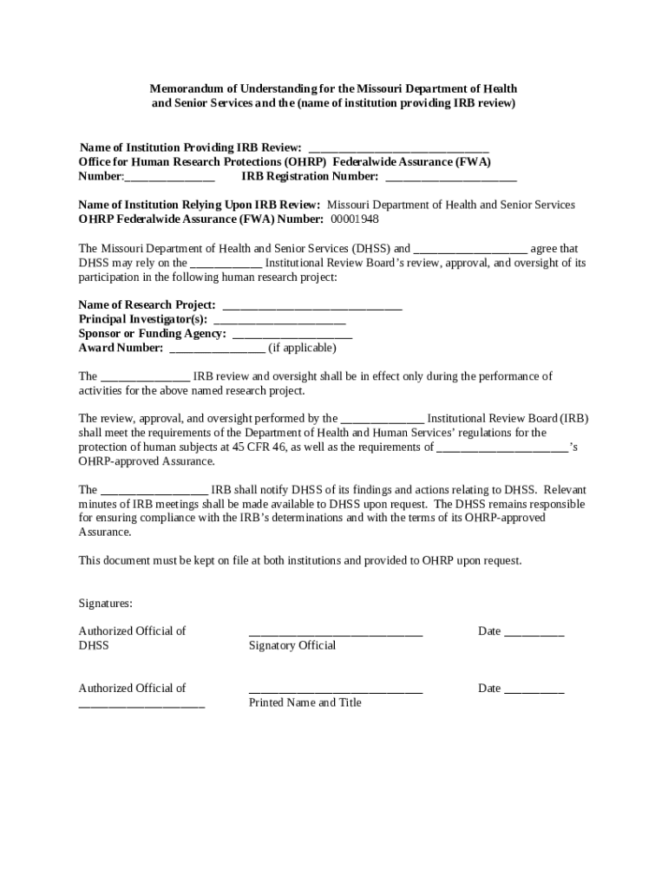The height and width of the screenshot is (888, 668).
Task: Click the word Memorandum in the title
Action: pyautogui.click(x=187, y=89)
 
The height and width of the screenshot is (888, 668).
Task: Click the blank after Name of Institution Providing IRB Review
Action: pyautogui.click(x=398, y=149)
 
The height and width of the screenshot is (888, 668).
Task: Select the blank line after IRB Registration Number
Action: pyautogui.click(x=450, y=178)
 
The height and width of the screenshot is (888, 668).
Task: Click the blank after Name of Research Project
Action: pyautogui.click(x=312, y=306)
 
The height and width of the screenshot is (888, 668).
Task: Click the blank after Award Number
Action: pyautogui.click(x=217, y=349)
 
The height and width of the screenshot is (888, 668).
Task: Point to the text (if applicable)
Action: pyautogui.click(x=302, y=349)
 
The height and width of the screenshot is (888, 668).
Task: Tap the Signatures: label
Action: pyautogui.click(x=106, y=603)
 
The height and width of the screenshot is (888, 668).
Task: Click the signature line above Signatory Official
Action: pyautogui.click(x=335, y=634)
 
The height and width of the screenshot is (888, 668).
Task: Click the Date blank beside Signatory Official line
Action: pyautogui.click(x=534, y=633)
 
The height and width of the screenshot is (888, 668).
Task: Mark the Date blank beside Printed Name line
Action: pyautogui.click(x=534, y=690)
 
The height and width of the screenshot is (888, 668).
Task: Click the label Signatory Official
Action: pyautogui.click(x=291, y=646)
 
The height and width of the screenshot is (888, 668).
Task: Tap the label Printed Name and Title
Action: pyautogui.click(x=305, y=703)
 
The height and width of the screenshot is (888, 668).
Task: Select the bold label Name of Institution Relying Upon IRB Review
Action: pyautogui.click(x=200, y=206)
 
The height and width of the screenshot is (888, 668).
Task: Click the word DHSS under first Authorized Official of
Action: pyautogui.click(x=94, y=646)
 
